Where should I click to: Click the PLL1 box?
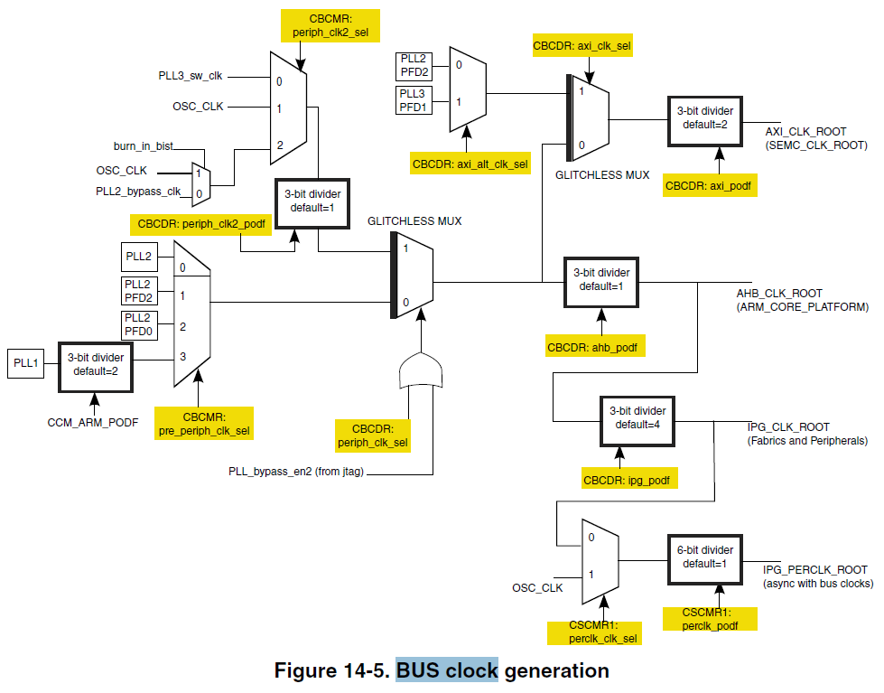click(24, 364)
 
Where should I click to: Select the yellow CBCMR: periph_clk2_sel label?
click(330, 24)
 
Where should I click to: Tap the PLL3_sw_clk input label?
click(191, 75)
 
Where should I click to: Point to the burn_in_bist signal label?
click(143, 145)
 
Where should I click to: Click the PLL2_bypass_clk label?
click(138, 191)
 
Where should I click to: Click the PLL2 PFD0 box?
click(140, 325)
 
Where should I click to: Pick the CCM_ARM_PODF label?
click(92, 422)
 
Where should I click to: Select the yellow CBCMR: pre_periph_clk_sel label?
click(203, 423)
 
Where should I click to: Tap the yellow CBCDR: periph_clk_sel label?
click(373, 435)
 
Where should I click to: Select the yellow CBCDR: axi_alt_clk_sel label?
click(469, 164)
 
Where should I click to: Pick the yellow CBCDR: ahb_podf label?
click(597, 347)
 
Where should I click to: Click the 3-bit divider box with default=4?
click(637, 417)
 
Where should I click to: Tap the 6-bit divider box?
click(705, 557)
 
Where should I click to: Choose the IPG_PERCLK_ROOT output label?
click(814, 570)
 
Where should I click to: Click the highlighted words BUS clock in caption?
click(447, 670)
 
